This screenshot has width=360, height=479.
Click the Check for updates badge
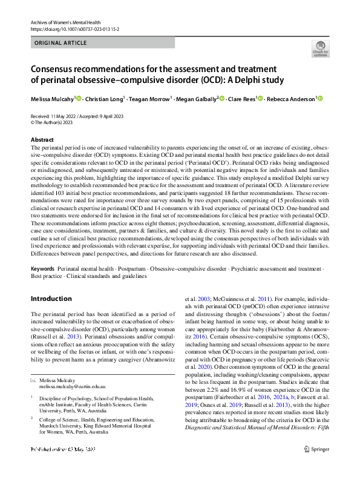click(x=320, y=48)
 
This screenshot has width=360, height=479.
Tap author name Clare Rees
click(x=241, y=99)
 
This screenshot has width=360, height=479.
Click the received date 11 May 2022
click(x=62, y=116)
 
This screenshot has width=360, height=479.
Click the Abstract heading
click(x=42, y=139)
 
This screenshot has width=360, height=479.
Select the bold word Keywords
click(x=42, y=268)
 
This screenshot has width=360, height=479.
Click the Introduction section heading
click(x=51, y=299)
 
